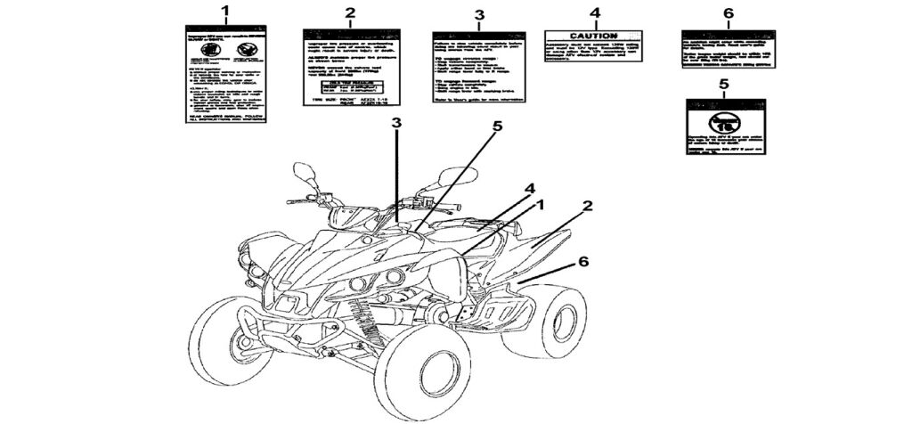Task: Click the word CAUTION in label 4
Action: pos(594,36)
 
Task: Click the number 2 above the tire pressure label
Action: pos(350,12)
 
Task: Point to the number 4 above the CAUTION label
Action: pos(595,13)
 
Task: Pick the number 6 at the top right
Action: pos(728,13)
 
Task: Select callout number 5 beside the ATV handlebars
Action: pos(497,126)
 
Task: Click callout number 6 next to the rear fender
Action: pos(583,262)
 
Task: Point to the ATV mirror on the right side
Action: pos(452,175)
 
